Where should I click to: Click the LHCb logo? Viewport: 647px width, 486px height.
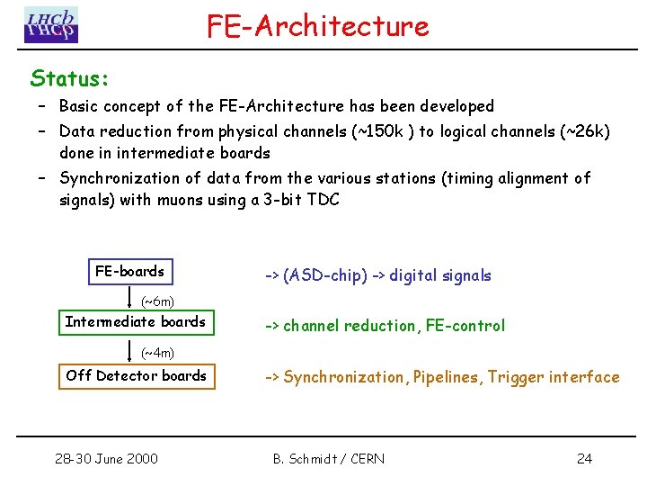pos(51,24)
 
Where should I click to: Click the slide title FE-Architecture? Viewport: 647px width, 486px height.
pos(318,25)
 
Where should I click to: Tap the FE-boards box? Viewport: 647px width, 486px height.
pos(129,271)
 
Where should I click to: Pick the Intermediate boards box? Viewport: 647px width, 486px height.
pos(136,322)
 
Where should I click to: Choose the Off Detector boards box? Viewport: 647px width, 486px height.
pos(137,375)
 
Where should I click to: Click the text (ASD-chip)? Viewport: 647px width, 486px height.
pos(324,275)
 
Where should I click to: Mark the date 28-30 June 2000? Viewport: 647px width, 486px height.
pos(105,459)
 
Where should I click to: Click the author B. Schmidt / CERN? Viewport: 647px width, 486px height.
pos(328,459)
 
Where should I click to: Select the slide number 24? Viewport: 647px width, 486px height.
pos(584,459)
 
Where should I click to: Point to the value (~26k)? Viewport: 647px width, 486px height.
pos(585,131)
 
